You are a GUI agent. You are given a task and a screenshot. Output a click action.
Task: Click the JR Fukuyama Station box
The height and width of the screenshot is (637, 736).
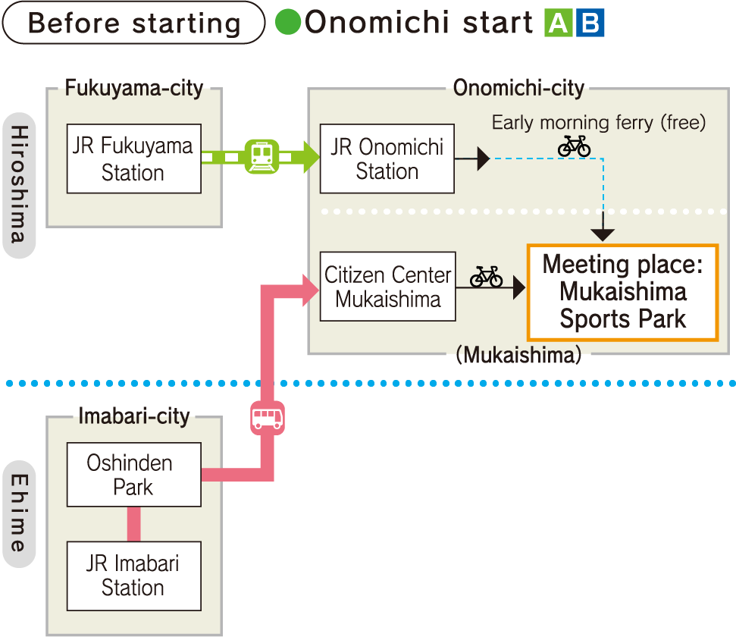133,158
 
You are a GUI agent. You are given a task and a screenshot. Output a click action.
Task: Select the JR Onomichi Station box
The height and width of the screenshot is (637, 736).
387,158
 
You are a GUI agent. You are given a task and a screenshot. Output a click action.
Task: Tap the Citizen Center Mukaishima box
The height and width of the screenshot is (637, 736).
387,287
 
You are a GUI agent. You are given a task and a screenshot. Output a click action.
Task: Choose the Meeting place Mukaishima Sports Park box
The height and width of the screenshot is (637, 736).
622,292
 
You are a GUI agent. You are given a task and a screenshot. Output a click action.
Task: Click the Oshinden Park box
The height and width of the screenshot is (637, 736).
133,475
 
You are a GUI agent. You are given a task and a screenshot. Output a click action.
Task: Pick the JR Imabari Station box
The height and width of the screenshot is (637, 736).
133,576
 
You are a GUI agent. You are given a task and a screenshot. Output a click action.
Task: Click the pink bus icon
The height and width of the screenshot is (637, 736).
268,418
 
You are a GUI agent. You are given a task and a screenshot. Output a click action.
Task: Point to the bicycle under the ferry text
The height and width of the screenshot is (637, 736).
574,146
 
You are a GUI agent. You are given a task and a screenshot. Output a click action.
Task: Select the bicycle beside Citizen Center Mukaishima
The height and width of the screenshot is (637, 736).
486,277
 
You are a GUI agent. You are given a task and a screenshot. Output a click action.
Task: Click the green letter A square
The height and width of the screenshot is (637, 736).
558,24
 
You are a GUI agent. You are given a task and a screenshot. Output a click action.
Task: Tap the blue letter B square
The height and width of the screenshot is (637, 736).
590,24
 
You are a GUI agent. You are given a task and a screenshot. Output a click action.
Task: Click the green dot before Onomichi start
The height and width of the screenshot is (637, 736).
288,22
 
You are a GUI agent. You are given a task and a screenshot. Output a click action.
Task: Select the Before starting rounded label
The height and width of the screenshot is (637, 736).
133,23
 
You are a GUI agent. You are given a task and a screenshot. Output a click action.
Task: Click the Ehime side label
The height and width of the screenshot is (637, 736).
20,513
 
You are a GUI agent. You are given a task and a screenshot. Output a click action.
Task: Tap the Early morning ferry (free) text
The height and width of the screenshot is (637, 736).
599,122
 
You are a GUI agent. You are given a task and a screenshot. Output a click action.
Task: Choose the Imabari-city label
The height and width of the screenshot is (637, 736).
134,416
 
